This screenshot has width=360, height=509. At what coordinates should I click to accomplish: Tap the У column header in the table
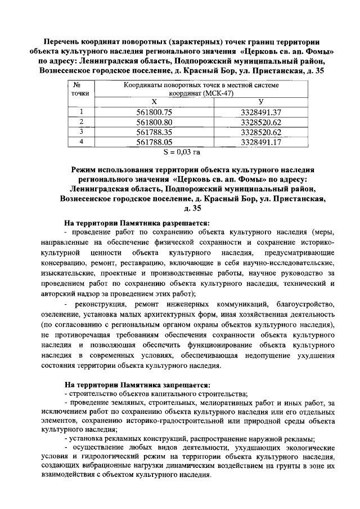coord(260,102)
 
